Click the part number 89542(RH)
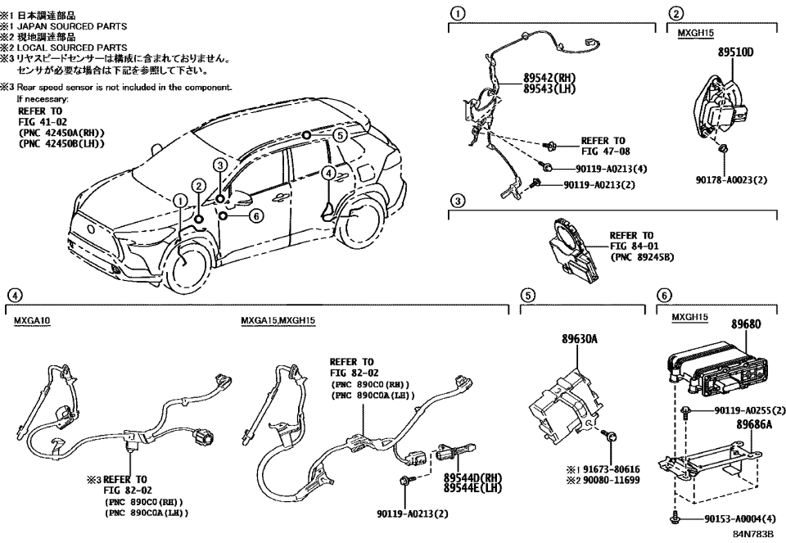pyautogui.click(x=551, y=79)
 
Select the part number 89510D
pyautogui.click(x=735, y=52)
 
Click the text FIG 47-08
pyautogui.click(x=603, y=151)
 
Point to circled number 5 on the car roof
pyautogui.click(x=339, y=136)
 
